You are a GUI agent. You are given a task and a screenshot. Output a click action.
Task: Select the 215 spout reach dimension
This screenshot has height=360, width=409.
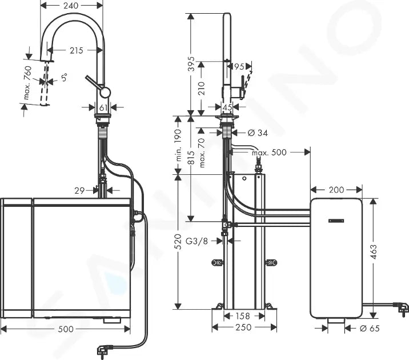(76, 50)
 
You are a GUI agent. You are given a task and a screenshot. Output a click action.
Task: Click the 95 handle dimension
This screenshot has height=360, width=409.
(239, 66)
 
